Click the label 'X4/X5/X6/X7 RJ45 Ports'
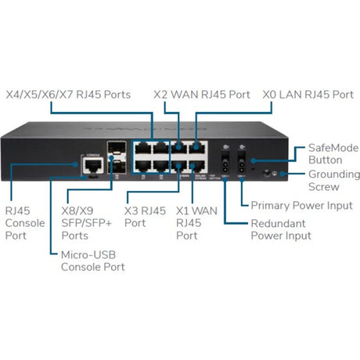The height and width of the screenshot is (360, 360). point(68,95)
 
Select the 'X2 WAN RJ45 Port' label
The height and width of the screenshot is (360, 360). point(202,95)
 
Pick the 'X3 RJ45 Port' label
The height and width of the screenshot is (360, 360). point(144,216)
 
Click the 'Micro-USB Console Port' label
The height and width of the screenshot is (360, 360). point(92,261)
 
